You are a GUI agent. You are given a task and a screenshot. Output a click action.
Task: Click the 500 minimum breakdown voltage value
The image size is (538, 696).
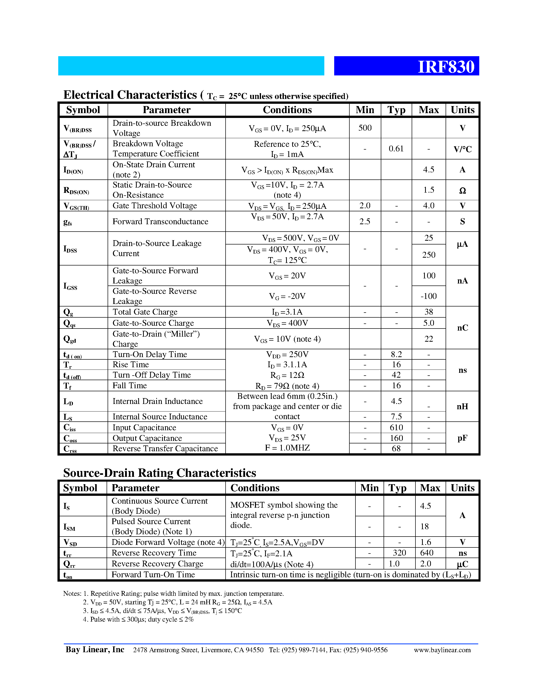(365, 128)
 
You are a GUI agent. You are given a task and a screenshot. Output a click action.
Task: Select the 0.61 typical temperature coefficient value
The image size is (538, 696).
(396, 149)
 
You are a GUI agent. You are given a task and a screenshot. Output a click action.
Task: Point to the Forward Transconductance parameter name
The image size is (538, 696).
(160, 221)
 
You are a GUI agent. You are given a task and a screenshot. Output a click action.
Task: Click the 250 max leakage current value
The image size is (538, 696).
(429, 255)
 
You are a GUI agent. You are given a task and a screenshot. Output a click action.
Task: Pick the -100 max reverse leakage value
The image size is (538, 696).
(429, 296)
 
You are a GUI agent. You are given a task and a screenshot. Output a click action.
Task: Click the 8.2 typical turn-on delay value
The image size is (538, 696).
(396, 354)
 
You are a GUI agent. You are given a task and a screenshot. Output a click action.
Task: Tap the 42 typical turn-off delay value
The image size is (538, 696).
(396, 375)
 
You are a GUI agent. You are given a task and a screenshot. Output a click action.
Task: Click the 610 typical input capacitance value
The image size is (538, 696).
(396, 427)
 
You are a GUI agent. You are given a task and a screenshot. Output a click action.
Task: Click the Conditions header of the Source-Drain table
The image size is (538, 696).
(255, 488)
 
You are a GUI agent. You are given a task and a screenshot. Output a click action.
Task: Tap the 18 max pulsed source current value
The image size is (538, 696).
(424, 526)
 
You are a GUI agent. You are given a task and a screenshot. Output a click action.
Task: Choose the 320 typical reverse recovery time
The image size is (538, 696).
(399, 552)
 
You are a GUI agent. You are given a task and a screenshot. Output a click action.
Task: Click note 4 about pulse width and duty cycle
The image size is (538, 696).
(138, 619)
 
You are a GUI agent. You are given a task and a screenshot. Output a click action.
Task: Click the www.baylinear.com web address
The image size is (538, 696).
(442, 650)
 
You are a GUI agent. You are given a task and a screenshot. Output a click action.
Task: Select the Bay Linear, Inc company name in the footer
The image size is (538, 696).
(95, 649)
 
